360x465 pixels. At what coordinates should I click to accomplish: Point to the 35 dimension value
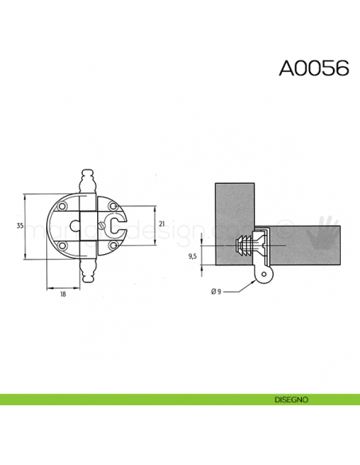tap(20, 227)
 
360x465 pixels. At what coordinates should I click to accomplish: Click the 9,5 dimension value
tap(191, 256)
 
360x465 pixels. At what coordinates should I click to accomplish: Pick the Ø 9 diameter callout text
tap(216, 291)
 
